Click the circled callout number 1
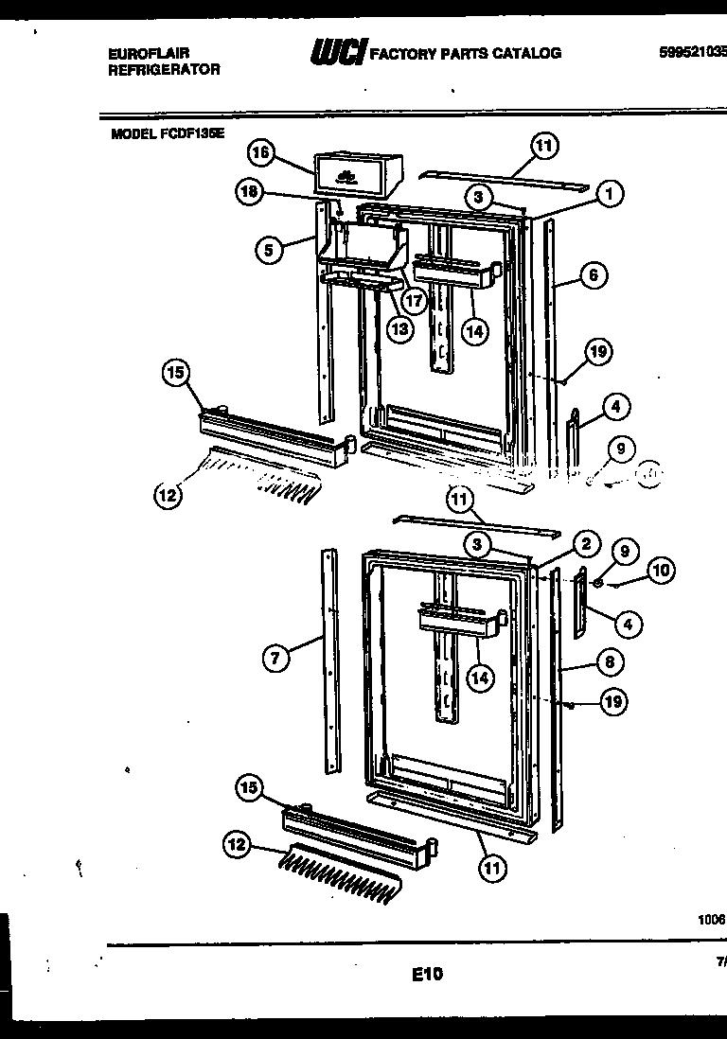coord(610,194)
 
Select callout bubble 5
coord(270,250)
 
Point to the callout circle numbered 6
coord(592,275)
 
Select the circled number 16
coord(261,152)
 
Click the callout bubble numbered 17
coord(414,299)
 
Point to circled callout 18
coord(248,192)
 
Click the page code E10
coord(427,972)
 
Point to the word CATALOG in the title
coord(525,53)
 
